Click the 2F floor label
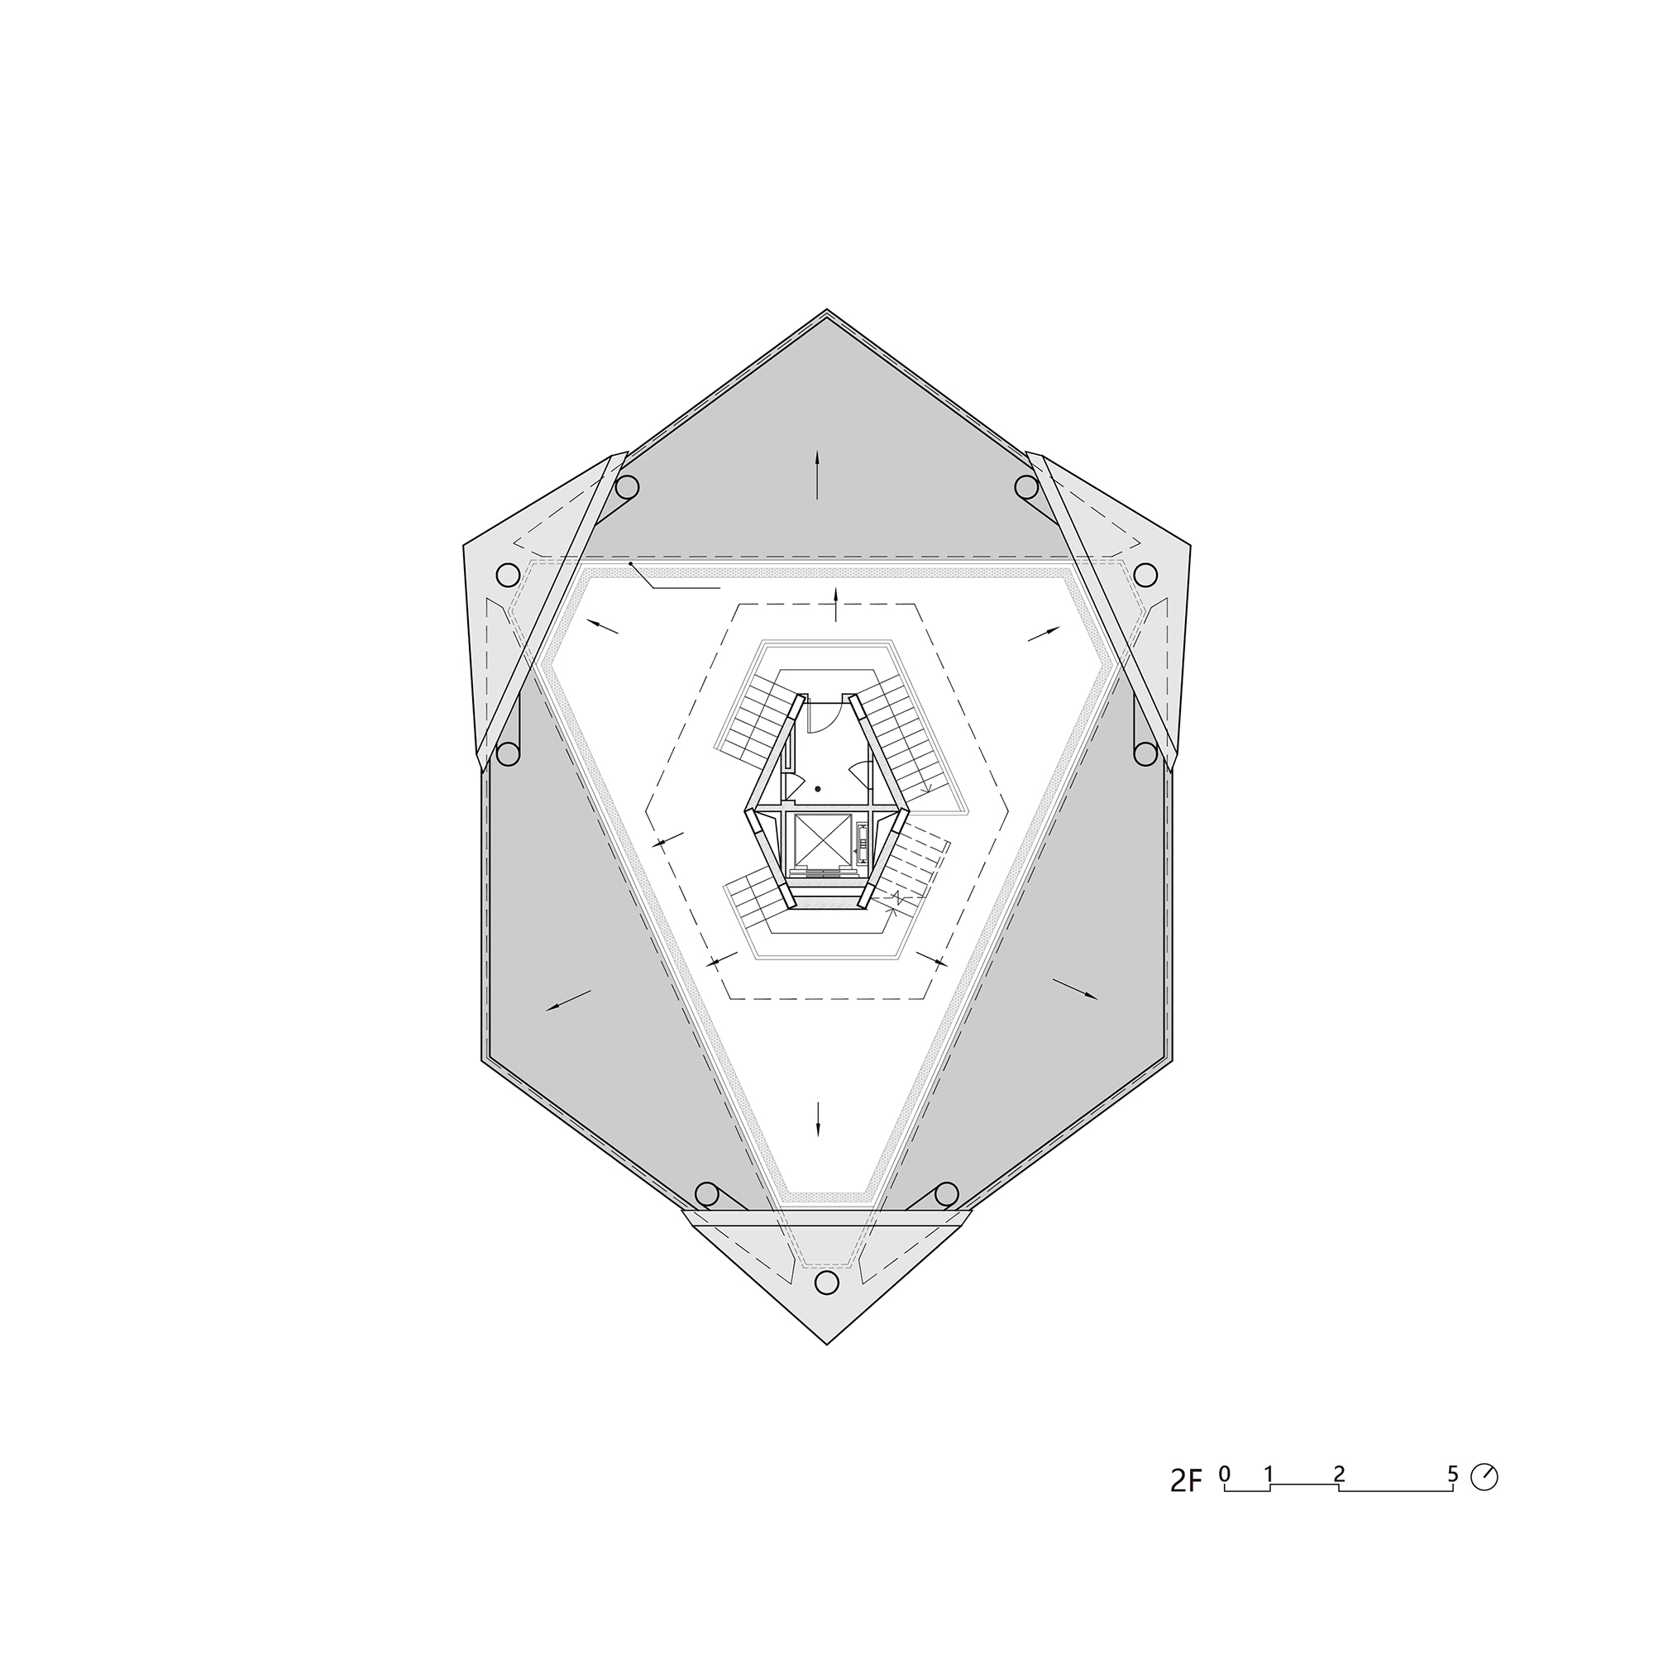click(x=1186, y=1481)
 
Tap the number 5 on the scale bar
click(x=1453, y=1474)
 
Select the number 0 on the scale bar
click(x=1224, y=1474)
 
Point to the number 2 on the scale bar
click(x=1339, y=1474)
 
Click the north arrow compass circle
click(x=1484, y=1478)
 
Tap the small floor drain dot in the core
click(x=818, y=787)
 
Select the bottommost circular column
click(x=826, y=1306)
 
